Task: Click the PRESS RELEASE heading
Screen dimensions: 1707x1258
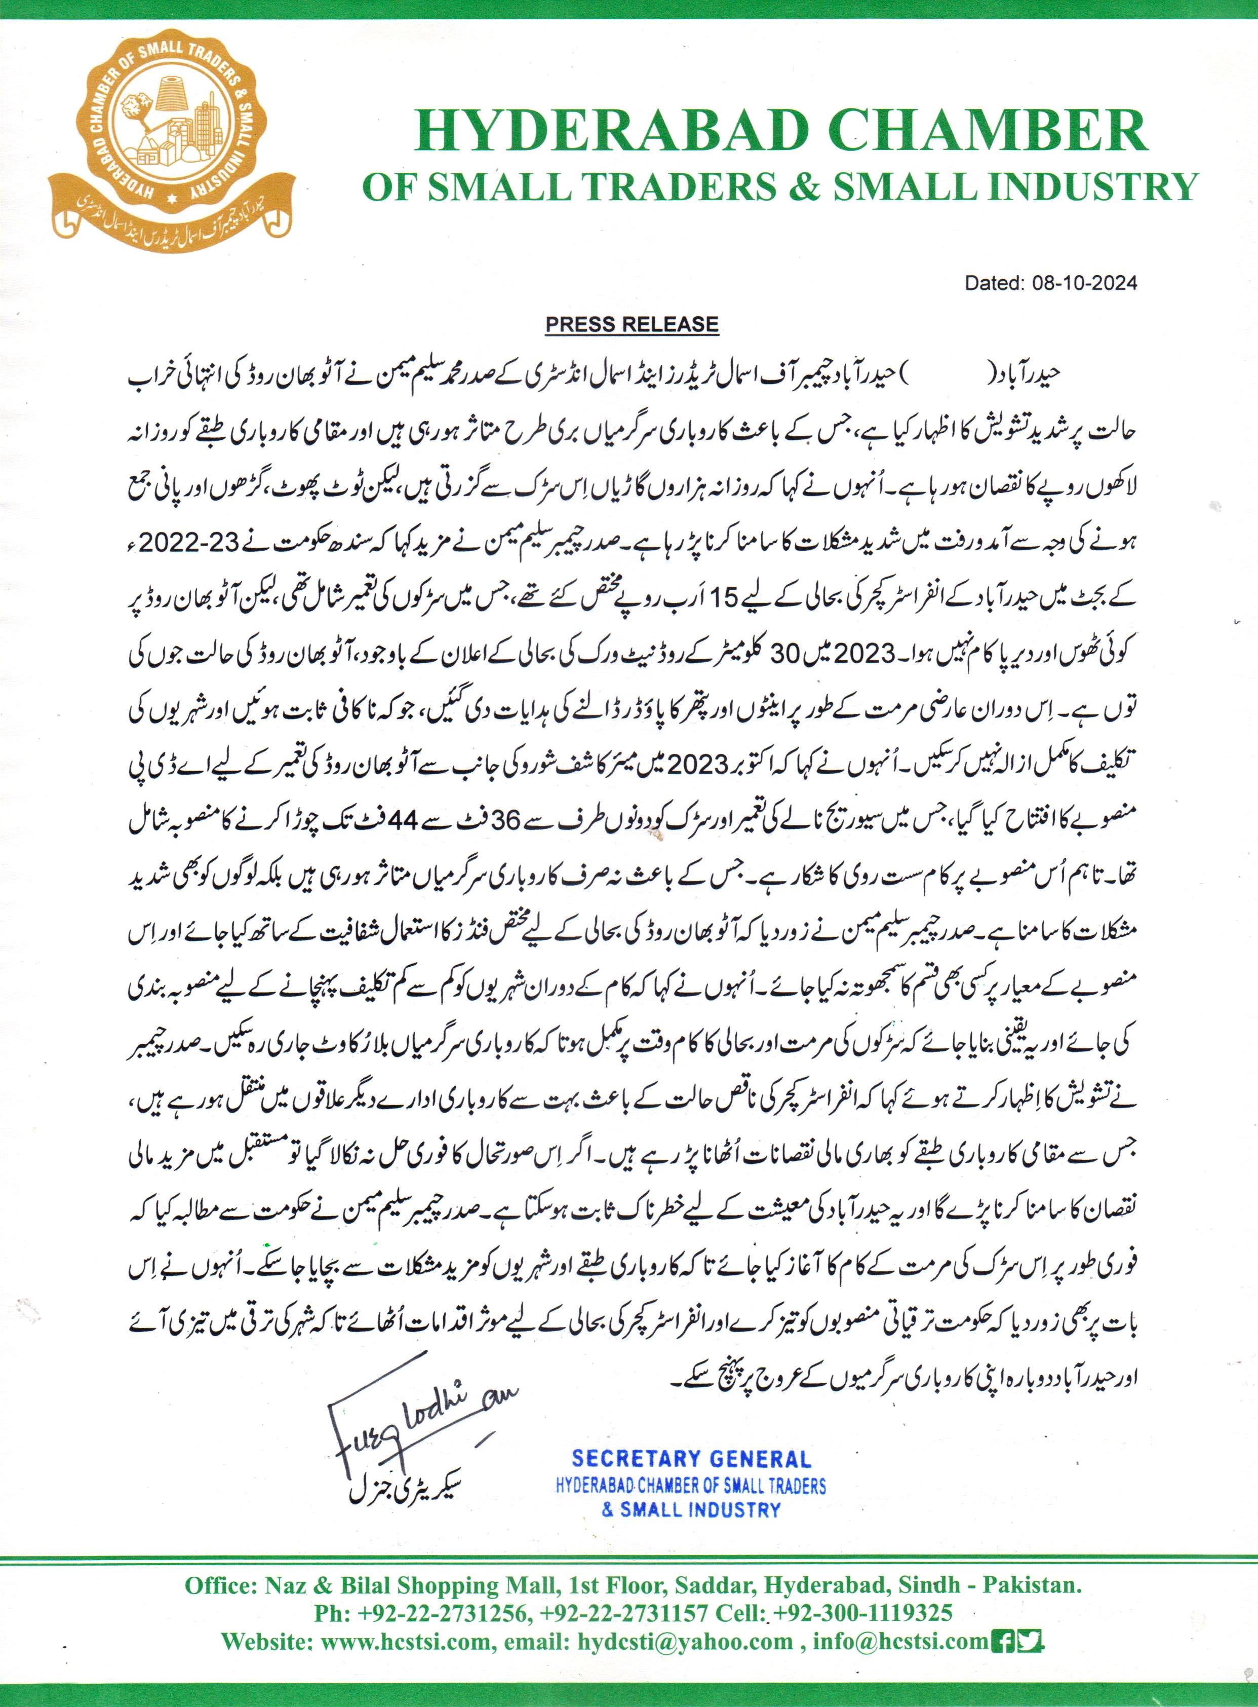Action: [632, 324]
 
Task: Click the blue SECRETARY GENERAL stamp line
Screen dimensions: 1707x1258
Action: [691, 1459]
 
